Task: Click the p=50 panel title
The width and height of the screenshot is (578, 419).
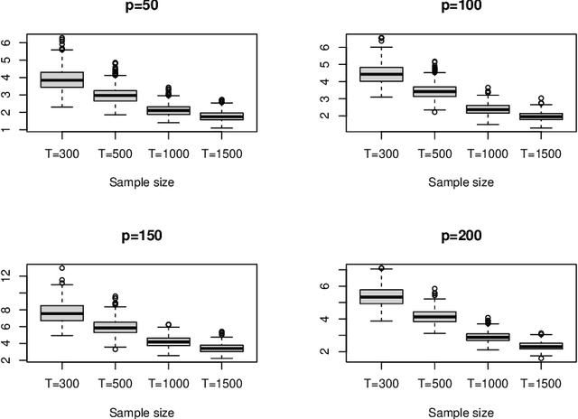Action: tap(141, 6)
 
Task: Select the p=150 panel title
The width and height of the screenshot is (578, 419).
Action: tap(141, 237)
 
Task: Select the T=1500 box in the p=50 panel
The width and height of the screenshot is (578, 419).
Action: tap(221, 116)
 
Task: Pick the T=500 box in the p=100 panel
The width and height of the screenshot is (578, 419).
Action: tap(434, 91)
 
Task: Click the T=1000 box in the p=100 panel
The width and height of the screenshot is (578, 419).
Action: tap(487, 109)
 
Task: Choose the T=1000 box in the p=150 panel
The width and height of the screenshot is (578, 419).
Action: tap(168, 341)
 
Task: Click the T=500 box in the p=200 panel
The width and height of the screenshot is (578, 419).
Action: tap(434, 316)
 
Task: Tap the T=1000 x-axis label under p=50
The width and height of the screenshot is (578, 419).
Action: tap(168, 153)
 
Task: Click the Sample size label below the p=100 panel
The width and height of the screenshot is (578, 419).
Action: tap(461, 182)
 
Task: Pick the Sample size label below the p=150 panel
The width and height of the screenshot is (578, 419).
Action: tap(141, 412)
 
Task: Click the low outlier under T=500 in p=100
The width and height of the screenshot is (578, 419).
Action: tap(434, 112)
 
